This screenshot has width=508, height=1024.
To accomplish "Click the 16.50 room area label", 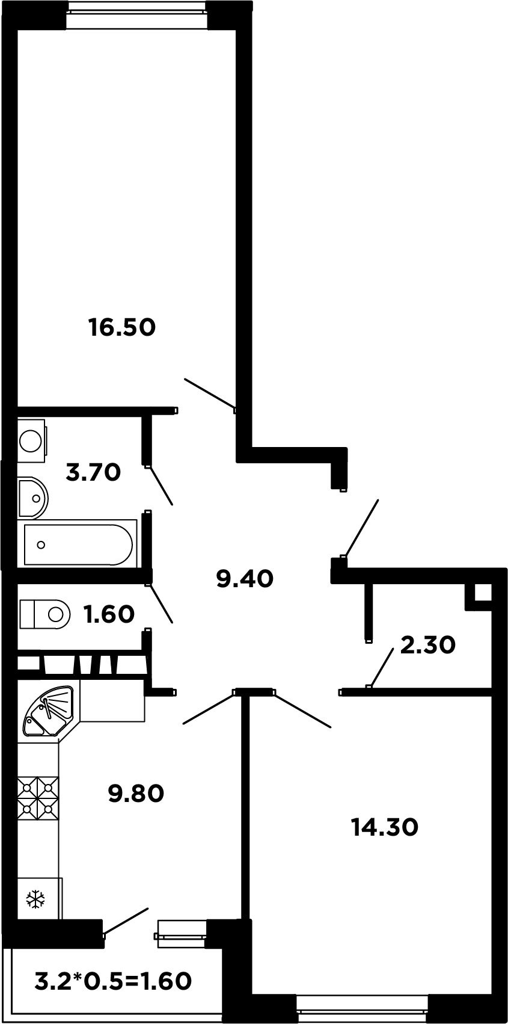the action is (122, 327).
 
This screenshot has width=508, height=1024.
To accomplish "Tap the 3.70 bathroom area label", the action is (93, 472).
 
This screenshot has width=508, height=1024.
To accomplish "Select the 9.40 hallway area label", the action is (245, 579).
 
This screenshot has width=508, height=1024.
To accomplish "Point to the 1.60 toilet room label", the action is (109, 614).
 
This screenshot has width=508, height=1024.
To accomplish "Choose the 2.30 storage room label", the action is (428, 645).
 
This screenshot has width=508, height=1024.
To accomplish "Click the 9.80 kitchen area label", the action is (136, 793).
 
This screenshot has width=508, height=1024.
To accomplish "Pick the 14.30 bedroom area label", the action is (385, 827).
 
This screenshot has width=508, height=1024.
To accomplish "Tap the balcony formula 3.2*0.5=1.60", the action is (113, 981).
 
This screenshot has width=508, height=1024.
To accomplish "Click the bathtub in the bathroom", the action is (78, 544).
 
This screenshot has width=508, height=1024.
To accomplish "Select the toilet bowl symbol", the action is (44, 614).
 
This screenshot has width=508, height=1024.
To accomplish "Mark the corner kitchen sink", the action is (49, 710).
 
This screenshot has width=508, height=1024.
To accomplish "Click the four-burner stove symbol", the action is (38, 798).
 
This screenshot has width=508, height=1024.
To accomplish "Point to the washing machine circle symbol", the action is (31, 441).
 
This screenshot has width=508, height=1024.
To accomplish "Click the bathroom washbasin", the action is (33, 498).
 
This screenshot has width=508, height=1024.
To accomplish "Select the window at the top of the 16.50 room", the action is (136, 8).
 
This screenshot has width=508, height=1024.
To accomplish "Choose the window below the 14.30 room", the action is (362, 1016).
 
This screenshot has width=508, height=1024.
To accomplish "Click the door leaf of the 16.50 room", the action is (210, 393).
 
